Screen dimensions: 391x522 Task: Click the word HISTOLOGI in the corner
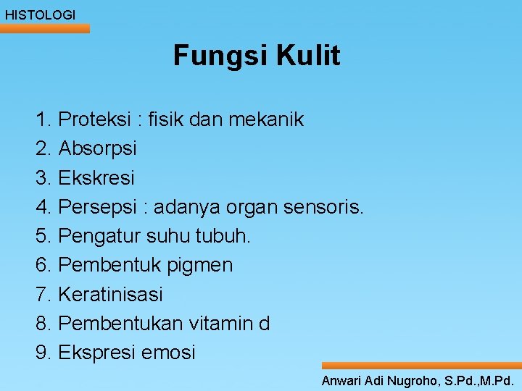click(40, 14)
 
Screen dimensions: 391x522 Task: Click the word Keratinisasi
click(110, 295)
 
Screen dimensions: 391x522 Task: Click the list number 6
click(43, 265)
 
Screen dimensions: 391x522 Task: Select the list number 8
click(43, 324)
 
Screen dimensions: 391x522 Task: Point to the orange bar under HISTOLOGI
click(45, 28)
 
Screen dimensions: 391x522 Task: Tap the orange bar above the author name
click(421, 366)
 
